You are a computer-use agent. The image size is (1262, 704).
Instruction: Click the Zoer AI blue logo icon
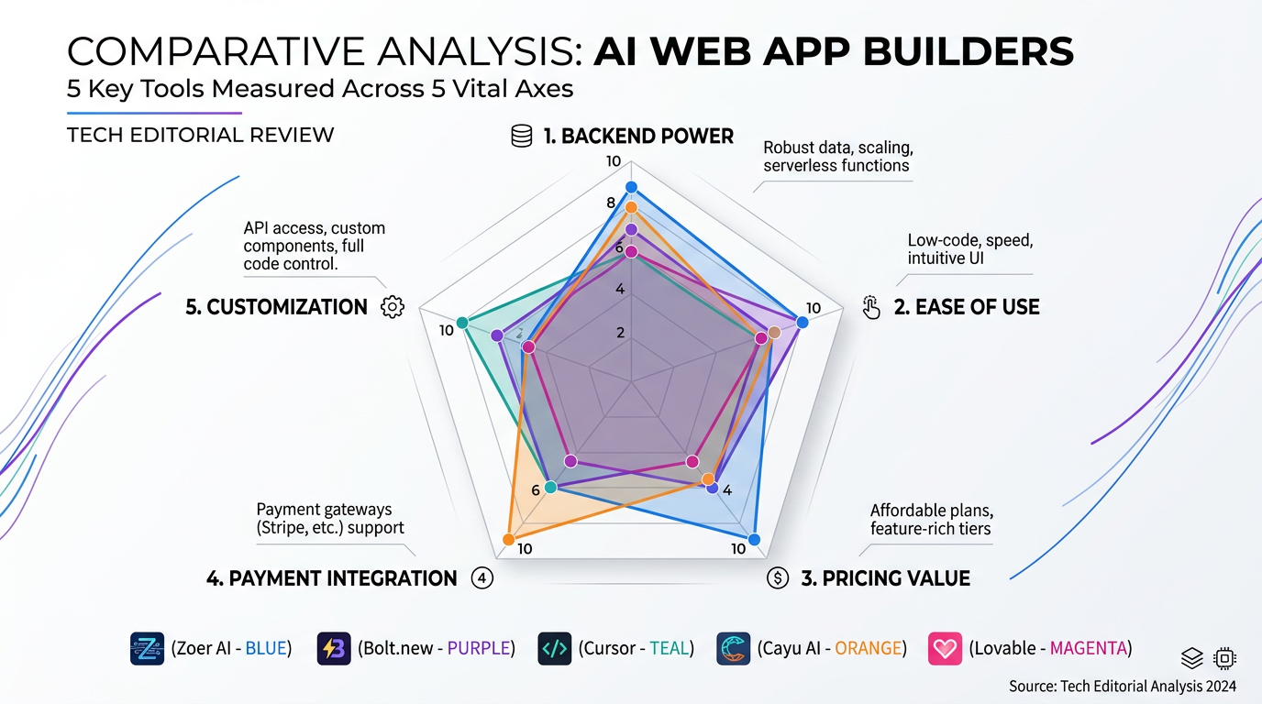[147, 648]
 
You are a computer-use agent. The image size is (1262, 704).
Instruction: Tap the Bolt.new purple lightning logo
[333, 648]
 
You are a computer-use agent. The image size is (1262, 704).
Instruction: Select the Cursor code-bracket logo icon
[555, 648]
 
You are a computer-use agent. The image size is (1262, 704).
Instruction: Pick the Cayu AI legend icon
[734, 648]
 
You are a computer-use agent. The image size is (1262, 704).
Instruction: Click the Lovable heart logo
[945, 648]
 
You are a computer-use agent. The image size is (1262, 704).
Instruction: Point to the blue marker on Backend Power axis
[630, 187]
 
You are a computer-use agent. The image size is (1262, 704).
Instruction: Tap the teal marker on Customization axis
[462, 323]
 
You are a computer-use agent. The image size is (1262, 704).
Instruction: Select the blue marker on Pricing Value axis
[754, 539]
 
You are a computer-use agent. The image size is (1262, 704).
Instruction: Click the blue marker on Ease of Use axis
[803, 322]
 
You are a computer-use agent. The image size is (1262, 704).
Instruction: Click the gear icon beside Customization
[393, 307]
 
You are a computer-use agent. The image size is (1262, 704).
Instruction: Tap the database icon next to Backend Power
[522, 137]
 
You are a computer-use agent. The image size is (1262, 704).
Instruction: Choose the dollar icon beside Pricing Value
[778, 578]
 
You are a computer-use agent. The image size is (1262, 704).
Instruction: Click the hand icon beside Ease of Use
[871, 307]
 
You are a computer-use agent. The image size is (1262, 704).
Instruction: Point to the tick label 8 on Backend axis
[612, 203]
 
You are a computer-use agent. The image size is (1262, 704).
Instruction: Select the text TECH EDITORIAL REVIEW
[200, 136]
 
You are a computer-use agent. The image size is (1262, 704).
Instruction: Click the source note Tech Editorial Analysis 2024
[1123, 686]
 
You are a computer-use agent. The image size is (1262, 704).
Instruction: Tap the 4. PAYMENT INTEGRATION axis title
[332, 578]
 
